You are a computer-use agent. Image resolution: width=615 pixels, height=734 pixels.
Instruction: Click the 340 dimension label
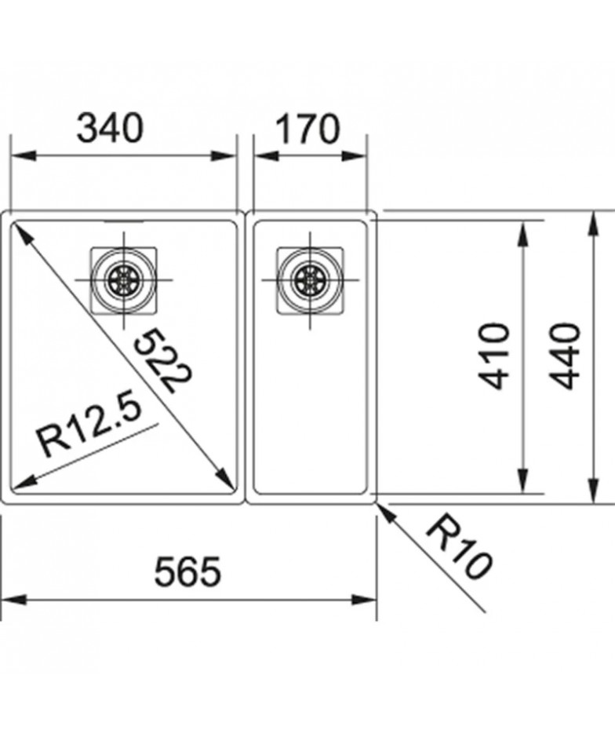point(110,128)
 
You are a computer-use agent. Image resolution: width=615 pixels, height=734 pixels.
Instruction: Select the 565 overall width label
point(187,571)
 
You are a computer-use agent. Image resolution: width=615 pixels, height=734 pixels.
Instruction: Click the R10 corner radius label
point(459,549)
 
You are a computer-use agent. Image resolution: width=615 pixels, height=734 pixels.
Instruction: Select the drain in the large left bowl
point(124,280)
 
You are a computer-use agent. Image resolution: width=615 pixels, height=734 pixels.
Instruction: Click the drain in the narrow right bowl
point(310,280)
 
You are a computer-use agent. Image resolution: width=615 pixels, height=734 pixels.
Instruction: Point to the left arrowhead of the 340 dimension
point(24,155)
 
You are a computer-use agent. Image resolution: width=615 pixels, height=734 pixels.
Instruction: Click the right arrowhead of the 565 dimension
point(364,600)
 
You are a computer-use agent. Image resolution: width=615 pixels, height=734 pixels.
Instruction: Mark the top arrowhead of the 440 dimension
point(593,225)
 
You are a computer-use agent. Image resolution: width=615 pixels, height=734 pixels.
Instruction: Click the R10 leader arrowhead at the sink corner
point(385,512)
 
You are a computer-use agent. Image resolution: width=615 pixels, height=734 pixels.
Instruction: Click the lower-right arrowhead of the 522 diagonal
point(225,480)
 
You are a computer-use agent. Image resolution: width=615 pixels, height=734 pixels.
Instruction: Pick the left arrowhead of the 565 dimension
point(14,600)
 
